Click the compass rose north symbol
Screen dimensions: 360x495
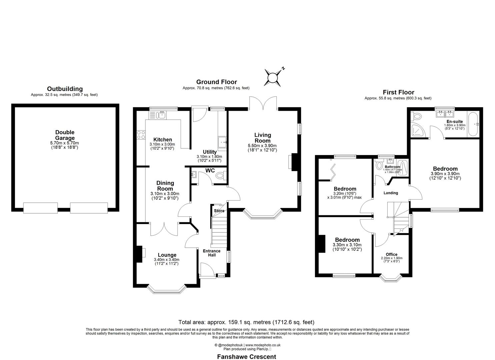pyautogui.click(x=273, y=78)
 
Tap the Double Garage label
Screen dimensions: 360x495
pyautogui.click(x=65, y=135)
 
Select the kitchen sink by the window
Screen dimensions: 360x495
pyautogui.click(x=161, y=115)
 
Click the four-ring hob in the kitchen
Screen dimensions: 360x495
pyautogui.click(x=141, y=134)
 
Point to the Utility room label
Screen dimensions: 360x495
pyautogui.click(x=209, y=152)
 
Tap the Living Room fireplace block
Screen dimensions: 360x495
pyautogui.click(x=294, y=162)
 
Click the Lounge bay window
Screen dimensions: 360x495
pyautogui.click(x=167, y=289)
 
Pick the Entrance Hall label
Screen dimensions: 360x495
pyautogui.click(x=212, y=253)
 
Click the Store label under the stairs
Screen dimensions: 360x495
pyautogui.click(x=219, y=211)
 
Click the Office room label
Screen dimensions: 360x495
pyautogui.click(x=391, y=254)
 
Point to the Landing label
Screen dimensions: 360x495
pyautogui.click(x=391, y=193)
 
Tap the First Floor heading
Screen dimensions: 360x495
pyautogui.click(x=398, y=92)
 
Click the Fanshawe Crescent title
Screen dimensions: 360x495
pyautogui.click(x=247, y=357)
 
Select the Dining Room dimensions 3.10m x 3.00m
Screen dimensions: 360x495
pyautogui.click(x=165, y=194)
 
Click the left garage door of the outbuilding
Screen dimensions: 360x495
pyautogui.click(x=41, y=208)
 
